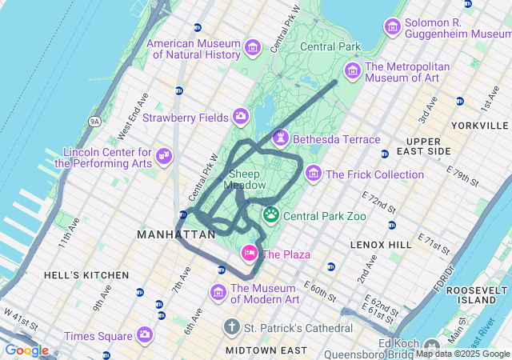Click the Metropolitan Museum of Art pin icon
[353, 70]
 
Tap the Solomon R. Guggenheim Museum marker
[393, 26]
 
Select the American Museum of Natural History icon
[253, 47]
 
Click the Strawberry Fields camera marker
[241, 118]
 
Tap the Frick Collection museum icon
[313, 174]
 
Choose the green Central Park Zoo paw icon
[271, 214]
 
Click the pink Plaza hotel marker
[250, 254]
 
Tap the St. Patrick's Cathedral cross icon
[232, 327]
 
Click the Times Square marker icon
[145, 334]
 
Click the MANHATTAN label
[176, 234]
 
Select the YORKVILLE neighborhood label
[479, 126]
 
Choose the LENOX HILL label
[379, 243]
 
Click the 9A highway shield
[94, 122]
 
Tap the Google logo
[26, 350]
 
